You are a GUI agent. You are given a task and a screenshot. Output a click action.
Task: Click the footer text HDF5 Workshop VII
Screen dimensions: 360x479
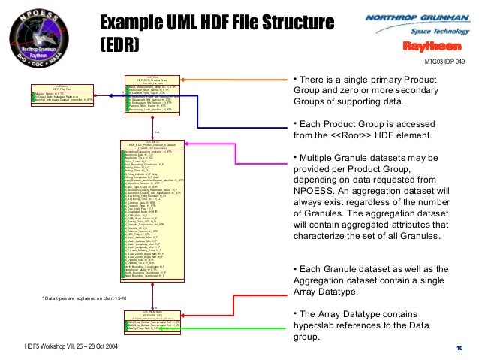point(41,346)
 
